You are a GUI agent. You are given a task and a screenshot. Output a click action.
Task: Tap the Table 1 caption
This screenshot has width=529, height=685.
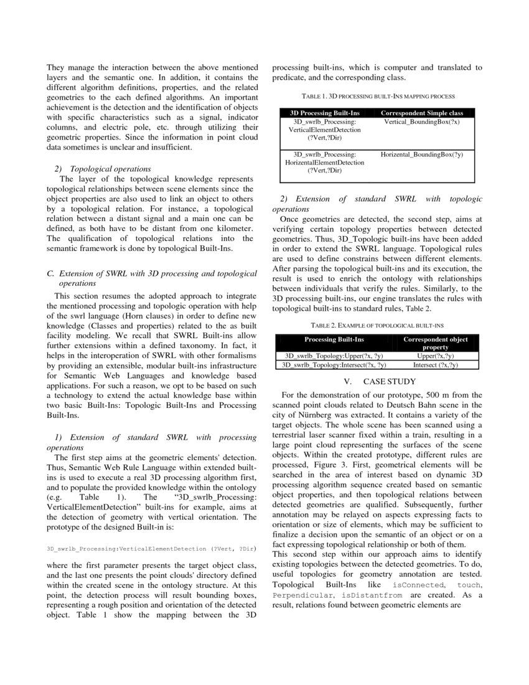click(x=378, y=97)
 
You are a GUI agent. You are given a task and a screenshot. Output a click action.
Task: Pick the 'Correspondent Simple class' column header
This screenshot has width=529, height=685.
click(x=421, y=113)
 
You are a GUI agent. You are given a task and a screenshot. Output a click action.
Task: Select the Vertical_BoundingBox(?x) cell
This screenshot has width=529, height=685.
click(x=421, y=122)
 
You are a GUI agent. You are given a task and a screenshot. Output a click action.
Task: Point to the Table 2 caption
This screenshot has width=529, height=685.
click(x=377, y=325)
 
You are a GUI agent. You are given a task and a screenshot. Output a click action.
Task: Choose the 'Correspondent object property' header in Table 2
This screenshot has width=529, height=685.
click(x=435, y=343)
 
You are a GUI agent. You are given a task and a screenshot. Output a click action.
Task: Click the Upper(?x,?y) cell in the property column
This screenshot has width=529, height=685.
click(x=435, y=356)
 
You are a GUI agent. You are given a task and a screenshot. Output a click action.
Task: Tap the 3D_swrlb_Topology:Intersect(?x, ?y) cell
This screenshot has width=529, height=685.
click(x=334, y=365)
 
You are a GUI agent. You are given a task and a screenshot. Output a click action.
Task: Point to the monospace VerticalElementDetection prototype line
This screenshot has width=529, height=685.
click(x=152, y=549)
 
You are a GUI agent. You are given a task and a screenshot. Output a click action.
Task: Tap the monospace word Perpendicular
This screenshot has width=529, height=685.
click(x=300, y=595)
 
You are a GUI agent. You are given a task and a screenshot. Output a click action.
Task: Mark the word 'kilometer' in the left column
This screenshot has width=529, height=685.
click(x=232, y=229)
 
